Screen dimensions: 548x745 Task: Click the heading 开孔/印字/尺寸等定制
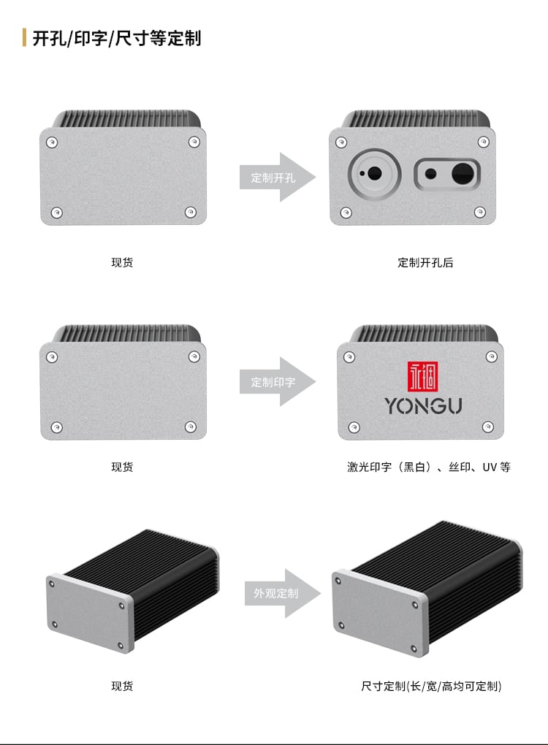point(117,38)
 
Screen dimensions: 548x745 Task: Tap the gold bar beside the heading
point(24,37)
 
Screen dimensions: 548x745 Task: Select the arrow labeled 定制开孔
point(277,177)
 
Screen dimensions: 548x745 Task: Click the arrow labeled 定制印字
point(277,381)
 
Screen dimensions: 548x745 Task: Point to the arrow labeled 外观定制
point(282,593)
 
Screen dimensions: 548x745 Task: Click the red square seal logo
point(422,376)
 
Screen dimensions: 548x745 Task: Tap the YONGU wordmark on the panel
point(423,406)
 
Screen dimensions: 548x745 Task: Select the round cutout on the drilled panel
point(375,173)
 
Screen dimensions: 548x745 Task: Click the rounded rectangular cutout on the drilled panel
point(446,174)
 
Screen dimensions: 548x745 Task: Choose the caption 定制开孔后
point(425,262)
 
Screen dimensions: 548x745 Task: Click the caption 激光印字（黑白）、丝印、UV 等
point(429,467)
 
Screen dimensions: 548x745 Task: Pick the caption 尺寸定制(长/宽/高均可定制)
point(431,686)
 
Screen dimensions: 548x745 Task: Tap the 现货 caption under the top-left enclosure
point(122,262)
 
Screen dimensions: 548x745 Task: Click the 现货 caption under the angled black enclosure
point(122,686)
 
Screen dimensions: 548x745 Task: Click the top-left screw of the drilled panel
point(341,142)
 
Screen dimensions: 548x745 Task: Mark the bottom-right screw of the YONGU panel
point(487,427)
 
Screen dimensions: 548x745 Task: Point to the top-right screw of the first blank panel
point(194,142)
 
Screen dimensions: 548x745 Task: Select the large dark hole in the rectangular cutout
point(463,173)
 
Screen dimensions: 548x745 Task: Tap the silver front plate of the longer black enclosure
point(380,613)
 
